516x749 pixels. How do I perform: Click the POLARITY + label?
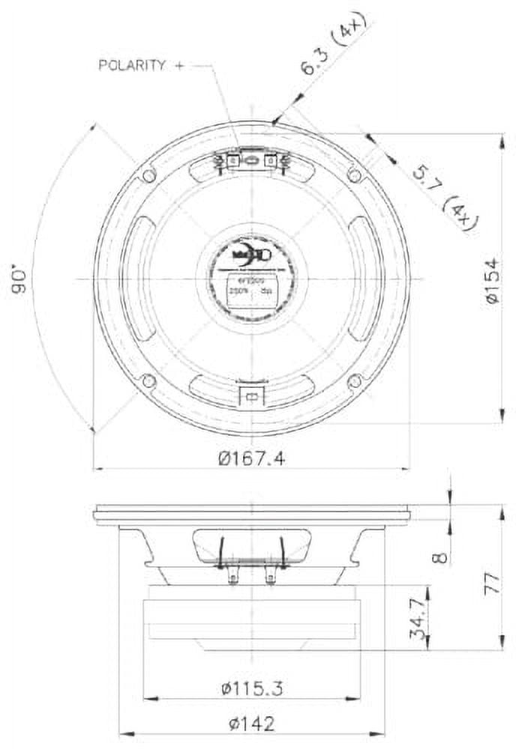tap(141, 66)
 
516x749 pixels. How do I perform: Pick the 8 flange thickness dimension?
tap(442, 557)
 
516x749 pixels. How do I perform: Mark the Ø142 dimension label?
tap(251, 724)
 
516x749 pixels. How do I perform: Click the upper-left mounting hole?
tap(149, 175)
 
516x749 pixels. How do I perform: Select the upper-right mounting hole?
tap(355, 175)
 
